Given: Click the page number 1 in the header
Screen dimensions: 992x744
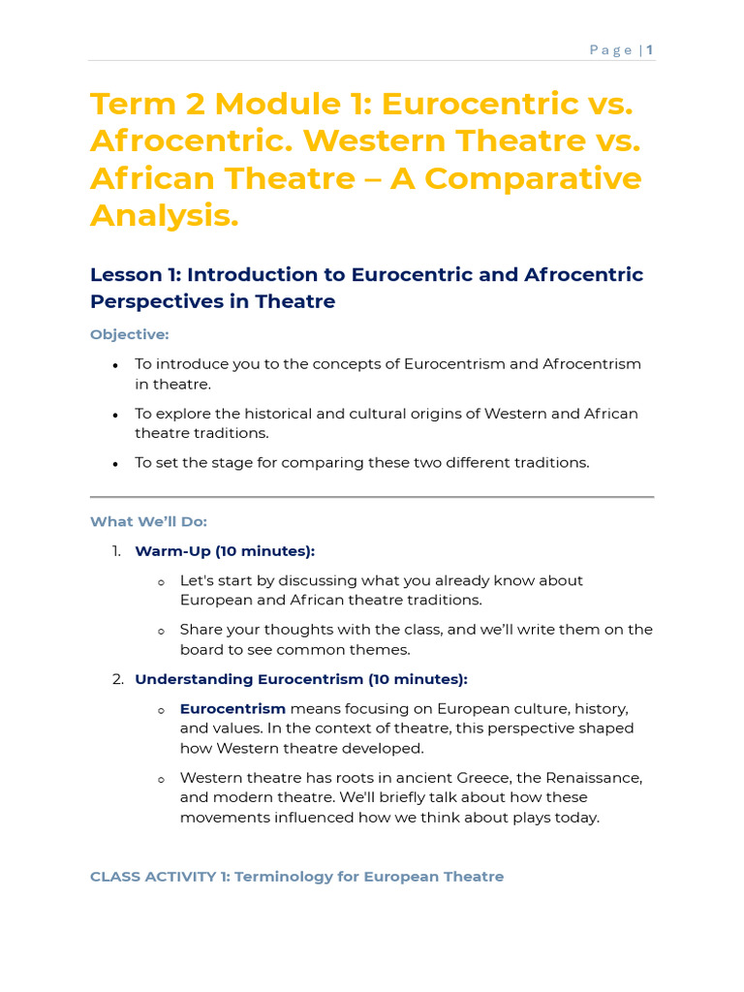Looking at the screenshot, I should (x=650, y=50).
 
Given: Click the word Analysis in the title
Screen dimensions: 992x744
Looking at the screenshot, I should (x=164, y=215).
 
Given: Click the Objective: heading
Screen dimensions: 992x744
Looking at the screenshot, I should (x=129, y=334).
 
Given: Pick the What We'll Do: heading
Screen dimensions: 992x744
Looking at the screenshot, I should (x=148, y=521).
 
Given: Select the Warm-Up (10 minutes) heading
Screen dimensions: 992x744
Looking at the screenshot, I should (x=225, y=551).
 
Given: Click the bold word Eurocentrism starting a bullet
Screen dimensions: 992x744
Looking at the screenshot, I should (x=232, y=709).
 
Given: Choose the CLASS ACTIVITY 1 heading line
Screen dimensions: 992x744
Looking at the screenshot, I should (x=296, y=877).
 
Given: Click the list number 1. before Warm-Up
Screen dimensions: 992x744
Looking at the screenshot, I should (x=116, y=551).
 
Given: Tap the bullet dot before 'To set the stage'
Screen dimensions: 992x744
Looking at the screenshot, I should (x=115, y=464).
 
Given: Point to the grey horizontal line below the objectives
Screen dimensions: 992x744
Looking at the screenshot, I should (x=372, y=497).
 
